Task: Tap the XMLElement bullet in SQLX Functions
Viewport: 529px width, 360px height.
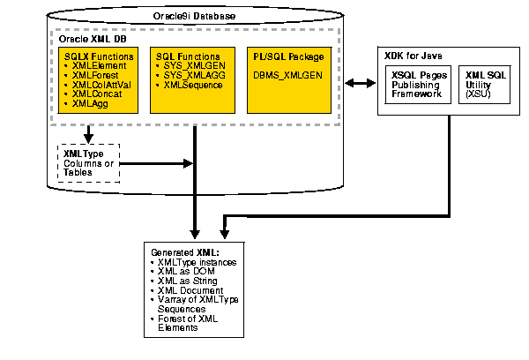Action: (99, 65)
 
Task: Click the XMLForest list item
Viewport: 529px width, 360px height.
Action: (95, 75)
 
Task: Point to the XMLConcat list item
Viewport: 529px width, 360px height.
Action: (98, 94)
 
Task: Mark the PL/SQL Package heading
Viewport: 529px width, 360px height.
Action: (289, 56)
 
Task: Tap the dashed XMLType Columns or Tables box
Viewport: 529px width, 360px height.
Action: (88, 163)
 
